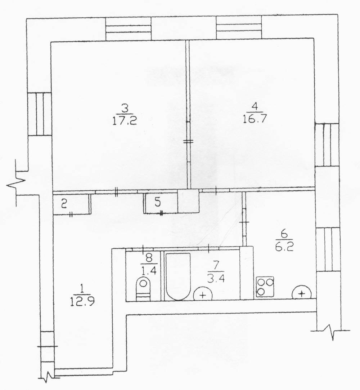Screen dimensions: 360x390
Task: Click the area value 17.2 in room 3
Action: point(125,121)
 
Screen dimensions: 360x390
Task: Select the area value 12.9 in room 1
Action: point(82,302)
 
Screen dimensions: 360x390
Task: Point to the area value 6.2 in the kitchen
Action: point(284,247)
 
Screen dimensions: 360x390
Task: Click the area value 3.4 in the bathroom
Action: point(216,279)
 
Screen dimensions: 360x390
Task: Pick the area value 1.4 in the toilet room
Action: point(149,270)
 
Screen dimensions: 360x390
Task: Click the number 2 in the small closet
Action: point(64,204)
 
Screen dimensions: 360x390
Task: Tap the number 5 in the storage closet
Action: point(158,203)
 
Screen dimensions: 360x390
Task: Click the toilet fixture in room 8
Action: point(143,288)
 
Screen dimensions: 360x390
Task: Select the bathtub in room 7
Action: point(178,276)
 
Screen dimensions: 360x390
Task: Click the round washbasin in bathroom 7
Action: point(203,295)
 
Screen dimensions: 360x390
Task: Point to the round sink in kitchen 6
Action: point(302,293)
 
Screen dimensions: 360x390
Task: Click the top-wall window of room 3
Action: point(129,28)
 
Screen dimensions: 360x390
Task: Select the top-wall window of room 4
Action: point(239,27)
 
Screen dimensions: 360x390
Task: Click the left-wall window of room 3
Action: point(39,114)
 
